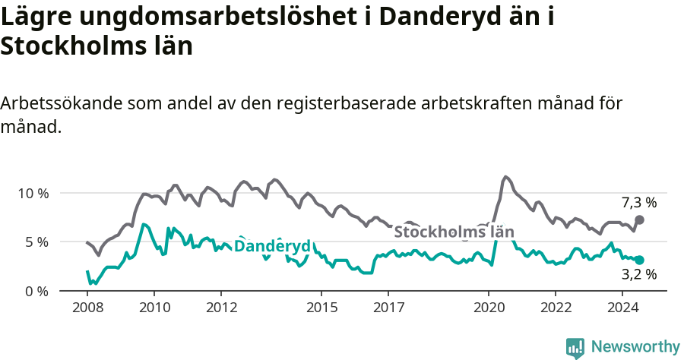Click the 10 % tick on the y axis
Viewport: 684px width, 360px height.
[x=33, y=193]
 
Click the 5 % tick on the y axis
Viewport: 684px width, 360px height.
[x=36, y=242]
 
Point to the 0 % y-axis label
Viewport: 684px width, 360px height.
[x=36, y=291]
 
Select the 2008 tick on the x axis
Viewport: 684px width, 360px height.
[x=87, y=308]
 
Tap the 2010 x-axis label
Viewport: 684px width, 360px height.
[x=154, y=308]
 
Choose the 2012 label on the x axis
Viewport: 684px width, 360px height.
[x=221, y=308]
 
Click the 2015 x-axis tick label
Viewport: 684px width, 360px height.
[x=321, y=308]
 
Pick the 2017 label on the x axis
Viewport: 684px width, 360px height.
[x=388, y=308]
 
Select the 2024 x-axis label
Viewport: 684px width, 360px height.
[x=622, y=308]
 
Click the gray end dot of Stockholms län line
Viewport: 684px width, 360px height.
[x=639, y=219]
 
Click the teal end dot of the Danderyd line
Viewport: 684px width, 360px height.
[x=639, y=260]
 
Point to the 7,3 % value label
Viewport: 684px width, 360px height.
[x=639, y=203]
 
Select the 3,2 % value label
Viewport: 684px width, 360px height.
[x=639, y=275]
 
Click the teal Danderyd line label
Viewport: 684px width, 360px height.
[x=272, y=246]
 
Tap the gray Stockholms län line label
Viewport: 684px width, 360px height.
[x=454, y=232]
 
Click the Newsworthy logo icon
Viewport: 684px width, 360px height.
[x=575, y=347]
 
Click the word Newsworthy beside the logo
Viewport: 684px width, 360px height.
[x=635, y=347]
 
